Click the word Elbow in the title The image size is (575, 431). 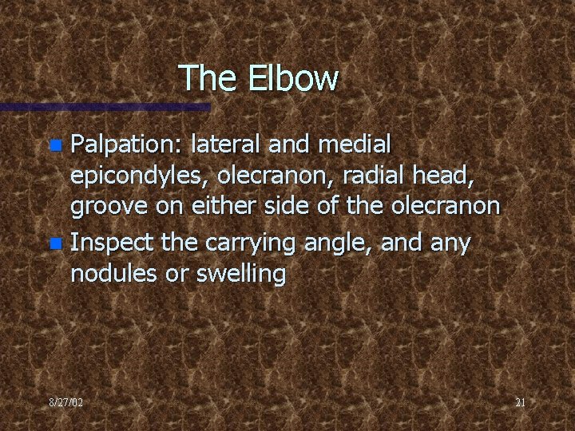pyautogui.click(x=294, y=78)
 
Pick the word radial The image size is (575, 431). pyautogui.click(x=378, y=176)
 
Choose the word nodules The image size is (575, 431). pyautogui.click(x=110, y=274)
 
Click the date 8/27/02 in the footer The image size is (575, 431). pyautogui.click(x=65, y=403)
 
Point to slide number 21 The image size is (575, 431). pyautogui.click(x=520, y=403)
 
